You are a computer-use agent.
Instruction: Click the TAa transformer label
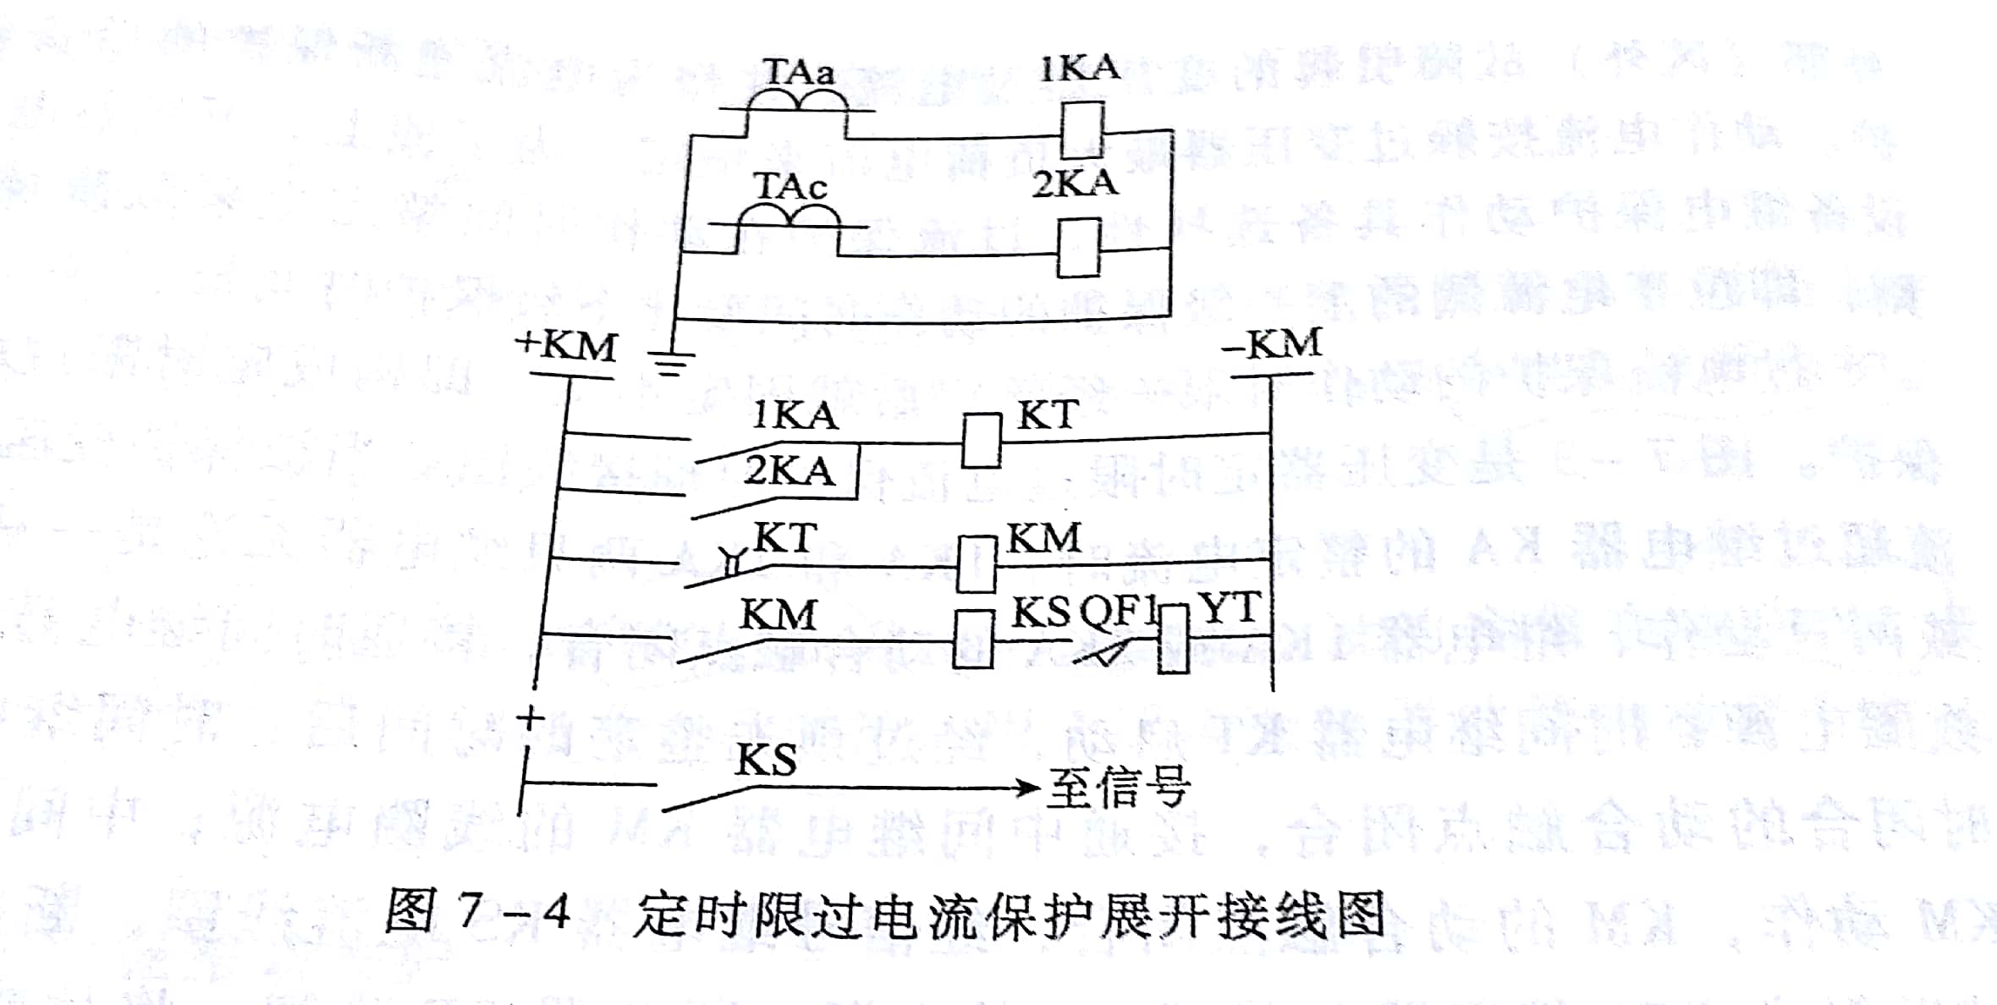(x=799, y=71)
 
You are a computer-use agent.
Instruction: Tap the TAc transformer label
(x=789, y=186)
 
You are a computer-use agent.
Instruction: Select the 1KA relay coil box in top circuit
(x=1082, y=129)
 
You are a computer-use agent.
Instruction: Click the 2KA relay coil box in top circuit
(x=1079, y=248)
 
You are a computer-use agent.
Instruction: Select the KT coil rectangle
(x=982, y=440)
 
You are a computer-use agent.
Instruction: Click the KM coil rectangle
(x=976, y=563)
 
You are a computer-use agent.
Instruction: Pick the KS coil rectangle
(x=972, y=640)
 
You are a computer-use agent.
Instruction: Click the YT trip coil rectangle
(x=1173, y=640)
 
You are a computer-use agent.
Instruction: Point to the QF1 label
(x=1118, y=610)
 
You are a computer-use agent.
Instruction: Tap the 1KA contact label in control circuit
(x=795, y=415)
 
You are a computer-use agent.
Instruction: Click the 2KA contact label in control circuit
(x=789, y=470)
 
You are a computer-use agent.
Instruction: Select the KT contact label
(x=785, y=538)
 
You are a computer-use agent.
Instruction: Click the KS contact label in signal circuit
(x=766, y=760)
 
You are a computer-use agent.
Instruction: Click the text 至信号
(x=1120, y=788)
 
